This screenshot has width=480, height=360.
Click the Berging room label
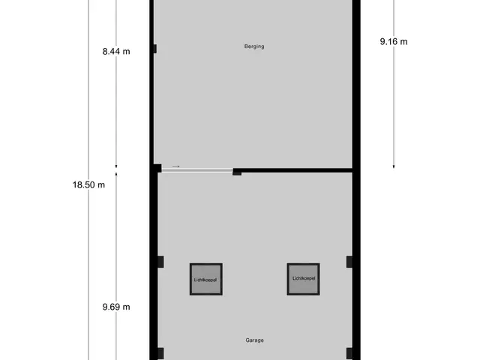[x=254, y=46]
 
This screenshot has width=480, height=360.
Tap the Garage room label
[x=254, y=340]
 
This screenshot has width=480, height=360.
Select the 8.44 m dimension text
[x=116, y=52]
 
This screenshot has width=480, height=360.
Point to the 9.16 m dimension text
[x=394, y=42]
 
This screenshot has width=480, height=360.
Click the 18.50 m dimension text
[x=88, y=185]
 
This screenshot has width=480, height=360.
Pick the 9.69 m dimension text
[x=116, y=307]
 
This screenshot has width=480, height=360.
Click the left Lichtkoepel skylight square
[x=206, y=279]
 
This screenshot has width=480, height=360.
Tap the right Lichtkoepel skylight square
[x=303, y=279]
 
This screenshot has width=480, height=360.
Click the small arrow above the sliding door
[x=176, y=166]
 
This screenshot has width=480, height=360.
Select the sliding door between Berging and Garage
[x=197, y=170]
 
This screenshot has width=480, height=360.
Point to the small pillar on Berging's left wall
[x=155, y=49]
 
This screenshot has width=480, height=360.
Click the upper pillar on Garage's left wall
[x=160, y=262]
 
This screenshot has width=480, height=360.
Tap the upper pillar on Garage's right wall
[x=349, y=262]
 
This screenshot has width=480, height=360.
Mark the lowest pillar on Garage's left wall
[x=160, y=353]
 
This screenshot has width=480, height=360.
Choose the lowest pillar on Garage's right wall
[x=349, y=353]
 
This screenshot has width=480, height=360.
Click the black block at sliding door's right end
[x=237, y=172]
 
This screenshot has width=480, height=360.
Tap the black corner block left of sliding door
[x=157, y=168]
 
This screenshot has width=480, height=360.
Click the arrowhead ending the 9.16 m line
[x=394, y=166]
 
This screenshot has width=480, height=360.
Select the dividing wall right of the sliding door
[x=292, y=170]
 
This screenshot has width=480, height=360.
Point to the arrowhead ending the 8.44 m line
[x=116, y=166]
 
